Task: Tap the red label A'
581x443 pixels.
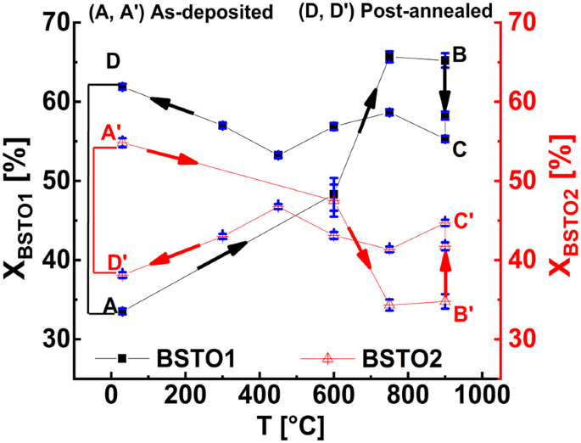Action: click(x=111, y=133)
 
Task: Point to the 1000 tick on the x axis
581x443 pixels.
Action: click(x=480, y=395)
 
